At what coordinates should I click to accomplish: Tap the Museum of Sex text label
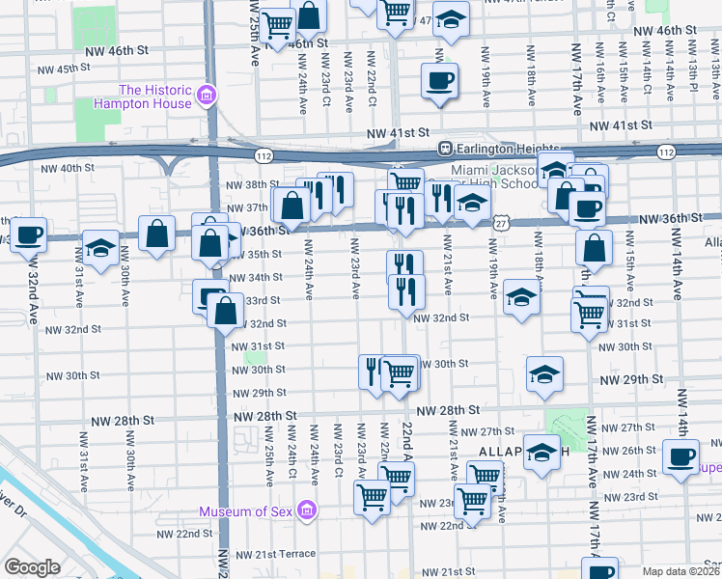[x=246, y=510]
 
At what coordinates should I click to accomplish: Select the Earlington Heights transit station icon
[x=445, y=149]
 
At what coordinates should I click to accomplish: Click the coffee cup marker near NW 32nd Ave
[x=29, y=234]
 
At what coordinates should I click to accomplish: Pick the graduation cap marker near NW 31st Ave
[x=99, y=247]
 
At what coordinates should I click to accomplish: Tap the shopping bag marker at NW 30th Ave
[x=156, y=234]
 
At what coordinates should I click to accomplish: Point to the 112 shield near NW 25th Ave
[x=264, y=154]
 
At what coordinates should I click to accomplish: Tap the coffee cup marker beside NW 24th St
[x=681, y=455]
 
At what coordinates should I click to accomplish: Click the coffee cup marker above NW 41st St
[x=439, y=80]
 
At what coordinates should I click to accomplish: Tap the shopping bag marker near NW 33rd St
[x=225, y=311]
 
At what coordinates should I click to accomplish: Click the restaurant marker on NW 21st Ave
[x=441, y=198]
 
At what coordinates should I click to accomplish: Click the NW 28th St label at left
[x=123, y=421]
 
